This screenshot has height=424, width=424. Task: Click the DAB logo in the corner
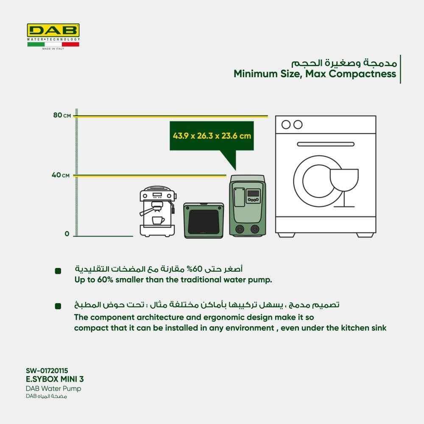pos(53,30)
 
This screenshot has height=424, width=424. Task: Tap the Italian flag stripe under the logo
pos(53,44)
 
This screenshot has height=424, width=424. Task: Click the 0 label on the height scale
pos(67,234)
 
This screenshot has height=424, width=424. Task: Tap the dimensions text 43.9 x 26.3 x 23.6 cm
pos(212,136)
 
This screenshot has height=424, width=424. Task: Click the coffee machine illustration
pos(157,212)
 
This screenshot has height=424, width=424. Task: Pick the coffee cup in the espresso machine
pos(158,221)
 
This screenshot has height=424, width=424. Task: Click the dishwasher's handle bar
pos(325,144)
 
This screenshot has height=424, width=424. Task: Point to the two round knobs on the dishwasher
pos(292,124)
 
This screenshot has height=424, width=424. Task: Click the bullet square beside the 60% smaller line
pos(58,271)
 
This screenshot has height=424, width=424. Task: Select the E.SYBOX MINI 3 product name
pos(52,379)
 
